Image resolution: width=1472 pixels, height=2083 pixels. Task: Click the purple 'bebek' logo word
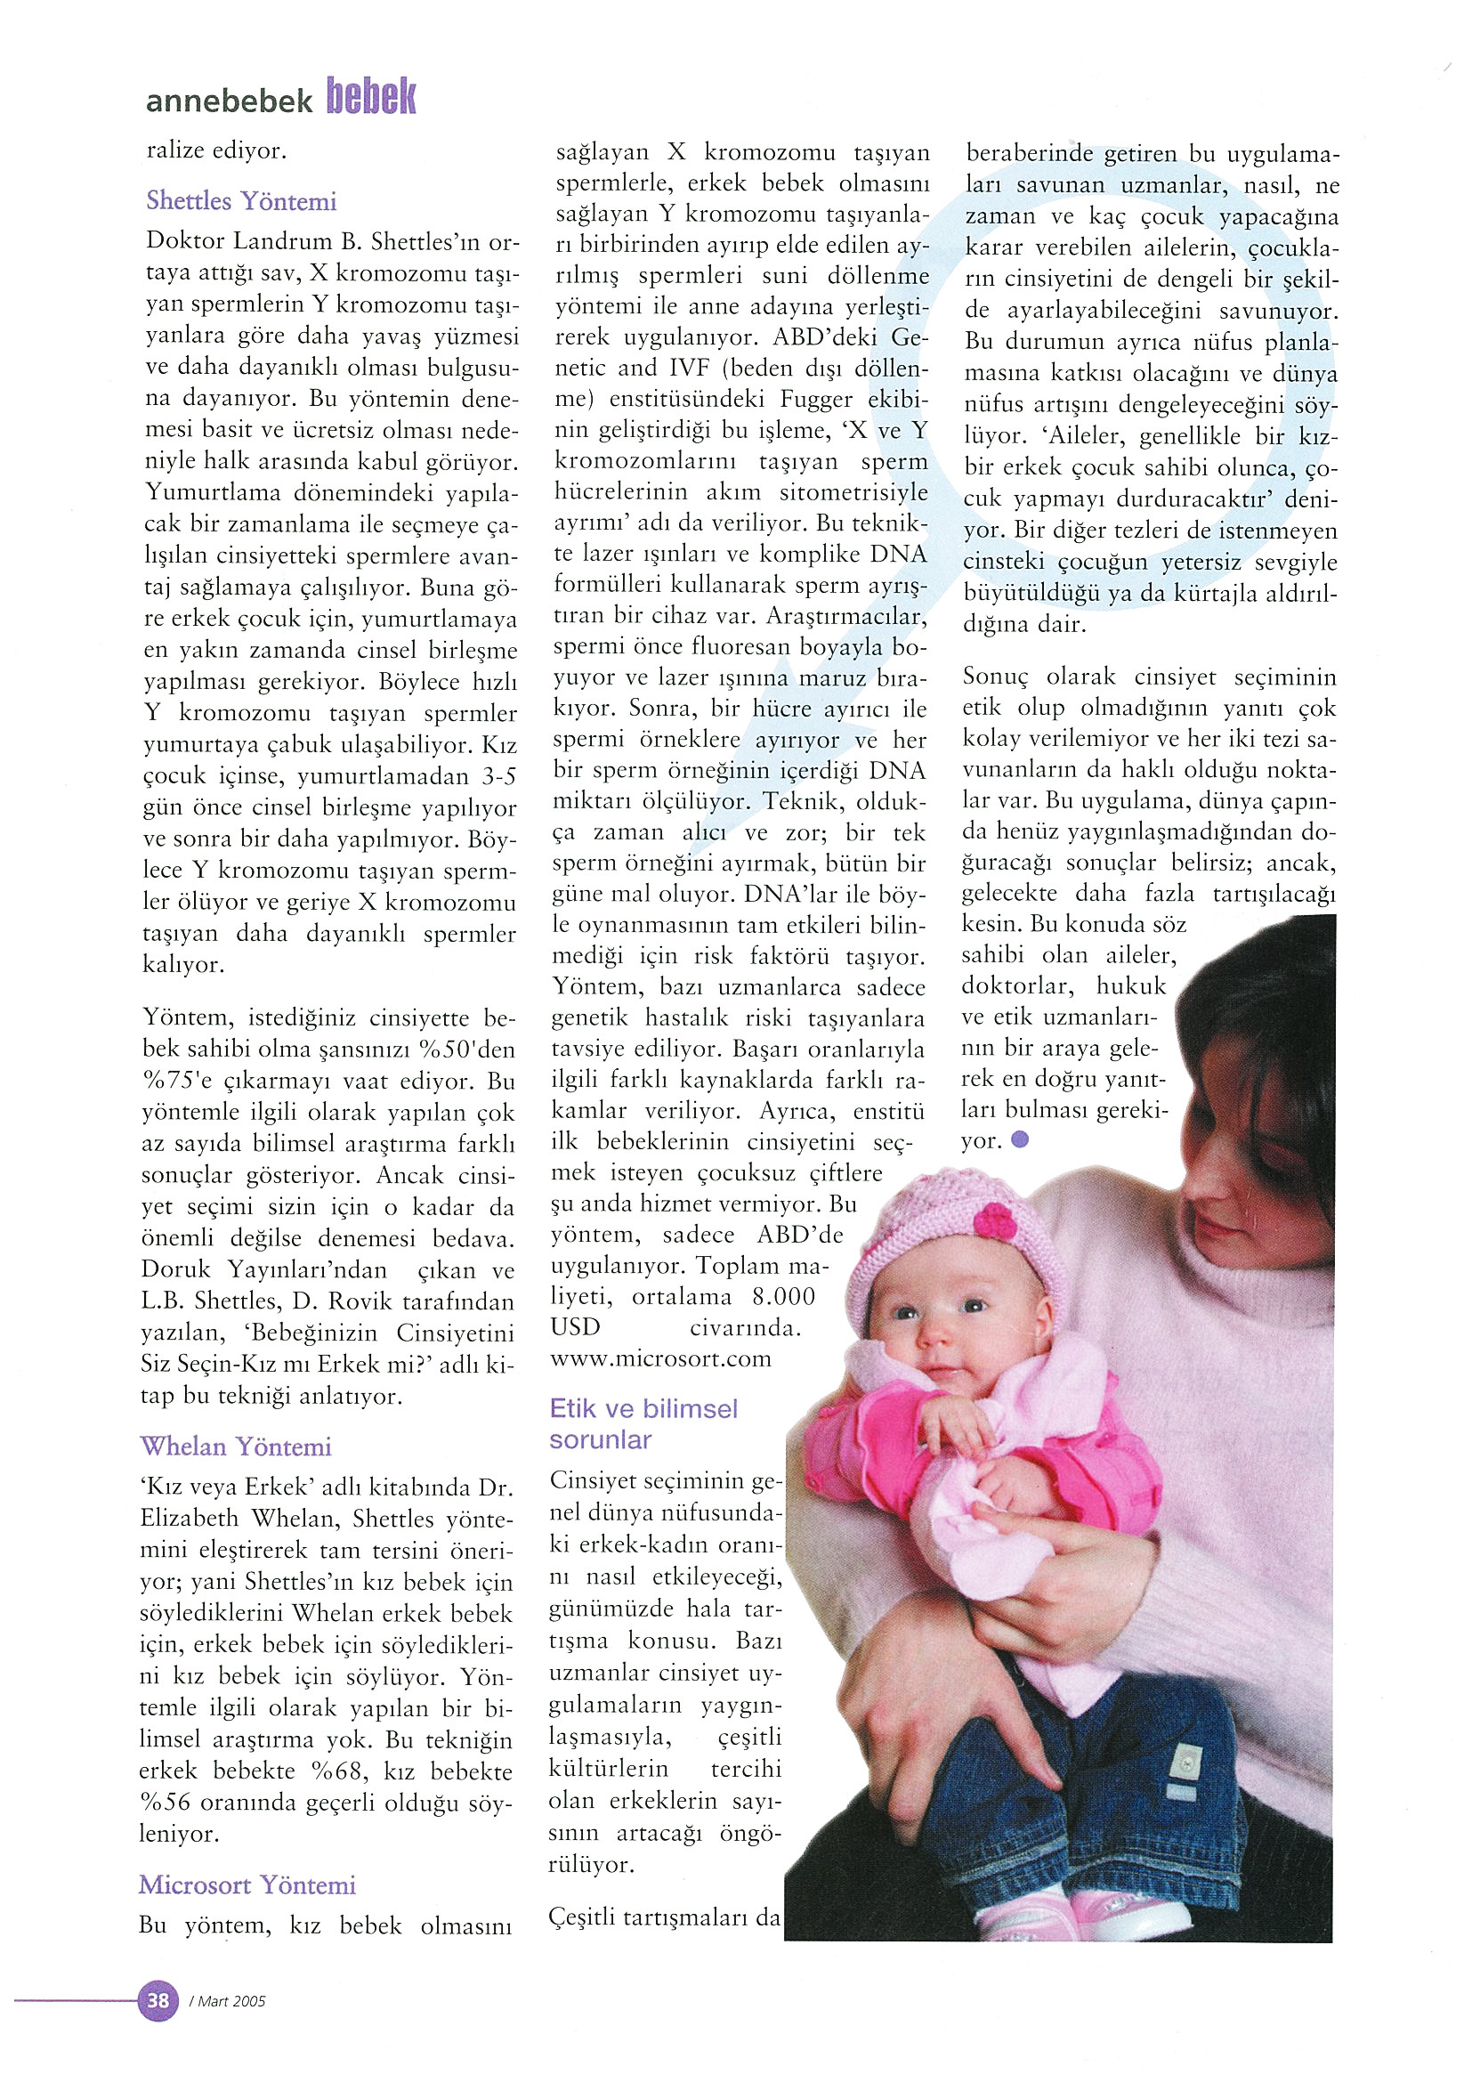(370, 96)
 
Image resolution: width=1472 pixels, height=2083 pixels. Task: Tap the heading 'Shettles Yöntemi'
(241, 200)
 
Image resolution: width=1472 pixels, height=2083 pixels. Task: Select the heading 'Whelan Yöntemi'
(236, 1447)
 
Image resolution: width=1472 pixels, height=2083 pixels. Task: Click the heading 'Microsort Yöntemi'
(247, 1884)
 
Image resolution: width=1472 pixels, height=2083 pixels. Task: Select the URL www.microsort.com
(660, 1359)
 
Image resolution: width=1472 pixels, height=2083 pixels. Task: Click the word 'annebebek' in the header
(229, 101)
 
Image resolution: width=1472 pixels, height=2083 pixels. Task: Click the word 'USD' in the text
(575, 1327)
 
